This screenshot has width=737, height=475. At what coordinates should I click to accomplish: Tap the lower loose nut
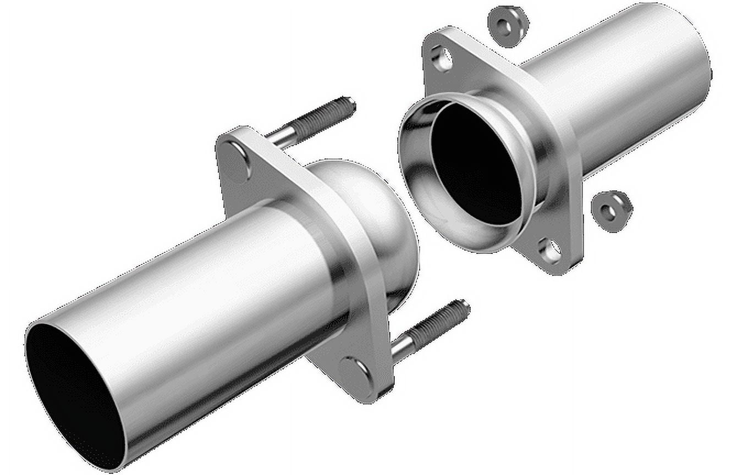[611, 210]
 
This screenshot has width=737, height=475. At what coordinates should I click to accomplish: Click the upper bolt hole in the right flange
[442, 58]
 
